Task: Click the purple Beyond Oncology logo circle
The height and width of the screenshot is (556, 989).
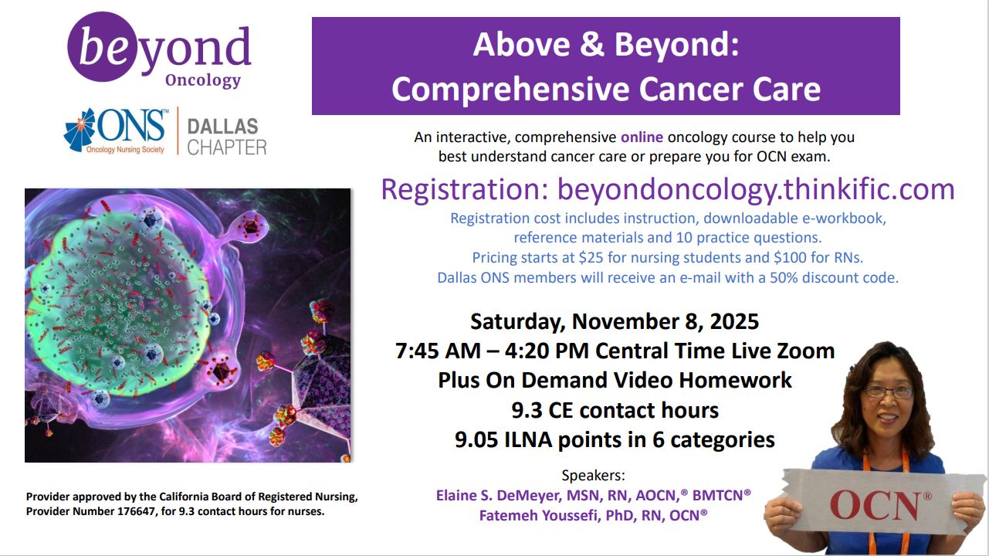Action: tap(103, 47)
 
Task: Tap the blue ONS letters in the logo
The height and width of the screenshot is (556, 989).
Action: tap(131, 126)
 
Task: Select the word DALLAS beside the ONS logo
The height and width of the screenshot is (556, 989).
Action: tap(222, 127)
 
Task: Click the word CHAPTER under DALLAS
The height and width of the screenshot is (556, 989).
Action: tap(227, 147)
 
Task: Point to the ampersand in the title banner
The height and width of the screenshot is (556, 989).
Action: tap(591, 45)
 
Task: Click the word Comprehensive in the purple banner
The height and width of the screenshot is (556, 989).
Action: tap(511, 90)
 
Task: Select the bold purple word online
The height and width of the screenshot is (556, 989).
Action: tap(642, 137)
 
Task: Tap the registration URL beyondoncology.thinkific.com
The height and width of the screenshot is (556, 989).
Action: tap(756, 189)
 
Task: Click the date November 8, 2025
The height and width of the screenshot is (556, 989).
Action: tap(666, 321)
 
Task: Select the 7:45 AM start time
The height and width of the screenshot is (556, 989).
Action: tap(438, 351)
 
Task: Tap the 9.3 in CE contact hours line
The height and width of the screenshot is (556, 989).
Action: tap(527, 410)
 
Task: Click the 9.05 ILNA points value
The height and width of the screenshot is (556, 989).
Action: tap(476, 440)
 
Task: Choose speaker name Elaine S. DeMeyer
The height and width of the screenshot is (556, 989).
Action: tap(499, 496)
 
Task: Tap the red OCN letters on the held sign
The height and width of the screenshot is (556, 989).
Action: tap(874, 506)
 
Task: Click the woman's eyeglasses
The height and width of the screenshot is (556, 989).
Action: tap(887, 392)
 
